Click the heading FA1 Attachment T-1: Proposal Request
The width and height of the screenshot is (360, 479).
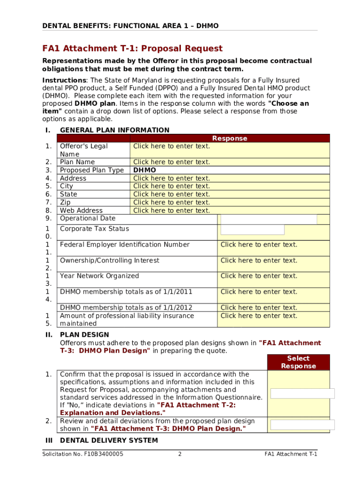pyautogui.click(x=132, y=49)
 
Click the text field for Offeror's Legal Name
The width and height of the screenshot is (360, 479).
pyautogui.click(x=172, y=146)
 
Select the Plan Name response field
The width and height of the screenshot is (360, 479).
pyautogui.click(x=172, y=162)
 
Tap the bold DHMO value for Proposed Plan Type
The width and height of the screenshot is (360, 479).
pyautogui.click(x=144, y=170)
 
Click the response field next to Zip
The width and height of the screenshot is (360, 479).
pyautogui.click(x=172, y=203)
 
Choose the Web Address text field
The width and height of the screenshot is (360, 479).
pyautogui.click(x=172, y=210)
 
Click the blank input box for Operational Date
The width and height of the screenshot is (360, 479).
pyautogui.click(x=268, y=219)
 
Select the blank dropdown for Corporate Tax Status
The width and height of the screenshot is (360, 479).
pyautogui.click(x=252, y=230)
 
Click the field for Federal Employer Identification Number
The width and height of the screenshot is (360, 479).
pyautogui.click(x=259, y=245)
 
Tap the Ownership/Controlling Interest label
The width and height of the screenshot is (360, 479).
pyautogui.click(x=109, y=261)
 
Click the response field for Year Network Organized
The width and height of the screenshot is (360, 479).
pyautogui.click(x=259, y=276)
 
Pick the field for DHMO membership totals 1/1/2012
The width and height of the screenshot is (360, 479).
pyautogui.click(x=259, y=308)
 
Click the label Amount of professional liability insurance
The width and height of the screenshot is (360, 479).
pyautogui.click(x=127, y=316)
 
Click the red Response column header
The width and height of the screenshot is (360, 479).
pyautogui.click(x=230, y=138)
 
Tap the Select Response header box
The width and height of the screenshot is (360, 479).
pyautogui.click(x=298, y=362)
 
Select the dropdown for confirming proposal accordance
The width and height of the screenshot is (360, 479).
pyautogui.click(x=302, y=393)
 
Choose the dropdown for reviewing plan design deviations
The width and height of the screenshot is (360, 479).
pyautogui.click(x=302, y=425)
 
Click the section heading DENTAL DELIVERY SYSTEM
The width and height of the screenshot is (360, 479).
pyautogui.click(x=109, y=441)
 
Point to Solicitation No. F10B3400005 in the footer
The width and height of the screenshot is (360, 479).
pyautogui.click(x=83, y=454)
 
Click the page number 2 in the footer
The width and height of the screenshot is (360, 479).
pyautogui.click(x=180, y=454)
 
